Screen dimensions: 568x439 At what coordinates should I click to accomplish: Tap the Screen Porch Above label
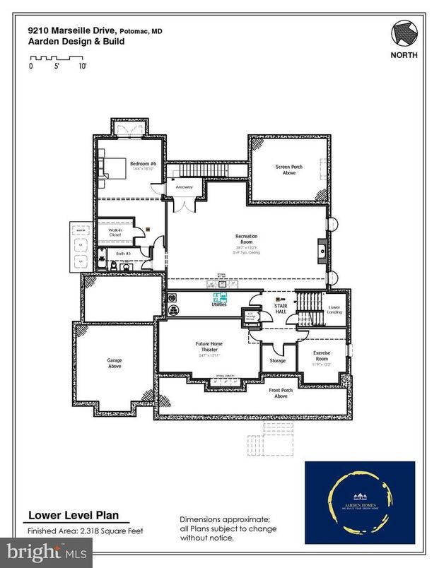[x=288, y=170]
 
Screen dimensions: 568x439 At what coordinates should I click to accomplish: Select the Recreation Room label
[x=246, y=239]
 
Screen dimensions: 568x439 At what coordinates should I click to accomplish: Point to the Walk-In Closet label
[x=115, y=232]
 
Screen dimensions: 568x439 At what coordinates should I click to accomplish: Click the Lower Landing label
[x=334, y=309]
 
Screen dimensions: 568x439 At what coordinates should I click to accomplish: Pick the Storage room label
[x=278, y=360]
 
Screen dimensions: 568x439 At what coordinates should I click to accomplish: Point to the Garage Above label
[x=115, y=363]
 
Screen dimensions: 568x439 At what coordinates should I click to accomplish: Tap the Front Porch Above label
[x=281, y=394]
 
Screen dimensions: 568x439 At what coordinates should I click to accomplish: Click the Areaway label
[x=185, y=187]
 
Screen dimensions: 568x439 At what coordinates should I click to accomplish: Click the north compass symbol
[x=404, y=33]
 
